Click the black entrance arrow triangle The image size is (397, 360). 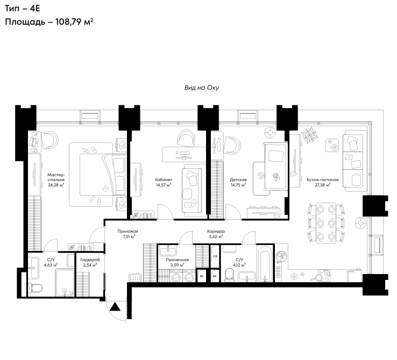click(116, 307)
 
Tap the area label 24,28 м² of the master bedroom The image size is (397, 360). click(56, 185)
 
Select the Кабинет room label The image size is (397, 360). click(164, 180)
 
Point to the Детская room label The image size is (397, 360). click(238, 180)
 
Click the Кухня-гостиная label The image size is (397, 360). click(323, 180)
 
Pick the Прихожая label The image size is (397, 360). click(127, 232)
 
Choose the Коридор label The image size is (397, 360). click(216, 232)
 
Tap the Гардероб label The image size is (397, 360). click(90, 260)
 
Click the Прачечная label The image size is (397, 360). click(177, 260)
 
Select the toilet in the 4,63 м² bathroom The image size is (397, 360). click(35, 288)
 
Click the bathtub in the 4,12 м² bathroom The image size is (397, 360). click(265, 264)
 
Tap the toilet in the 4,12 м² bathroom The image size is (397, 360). click(230, 275)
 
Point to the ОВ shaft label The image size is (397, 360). click(215, 256)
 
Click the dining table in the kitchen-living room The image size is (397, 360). click(326, 223)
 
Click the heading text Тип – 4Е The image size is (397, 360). click(23, 9)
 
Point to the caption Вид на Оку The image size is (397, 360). click(202, 88)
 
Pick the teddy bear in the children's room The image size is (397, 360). click(276, 177)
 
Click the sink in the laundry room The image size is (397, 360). click(168, 251)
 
